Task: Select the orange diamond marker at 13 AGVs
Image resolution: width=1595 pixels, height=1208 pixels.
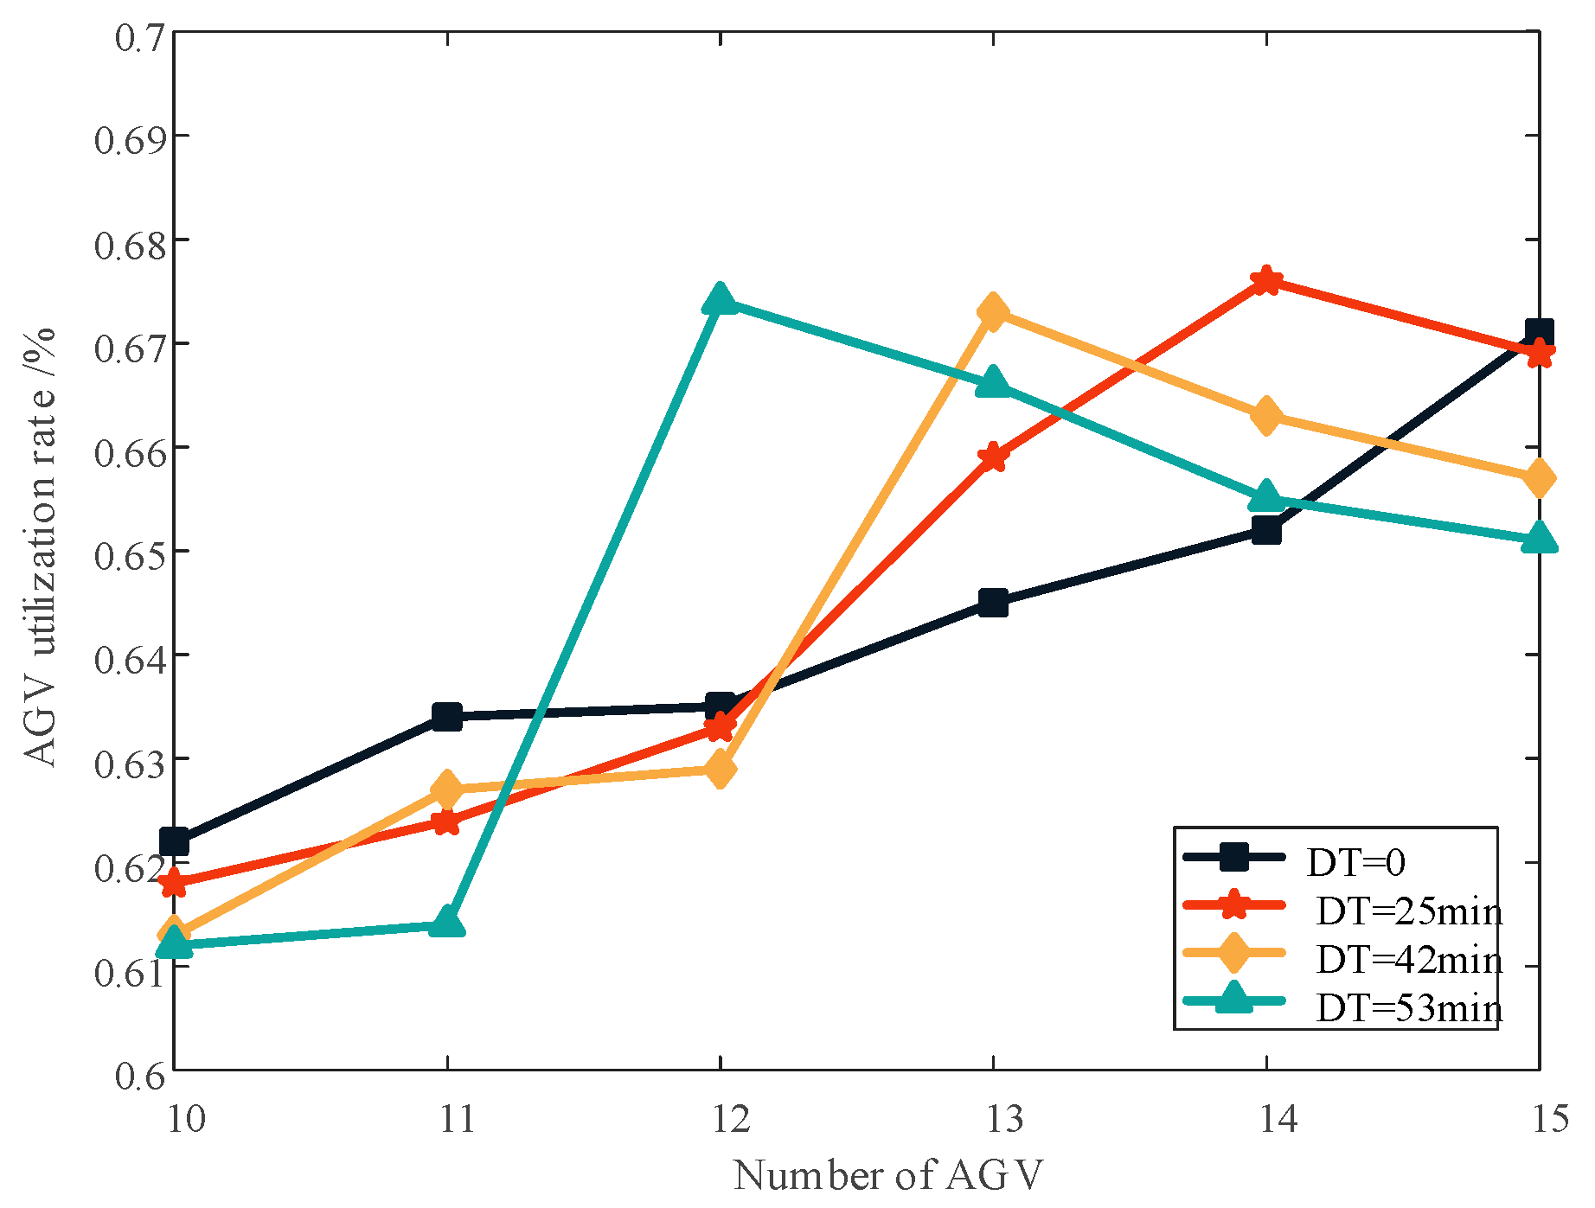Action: [993, 312]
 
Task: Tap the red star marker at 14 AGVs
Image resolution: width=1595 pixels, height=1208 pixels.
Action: [1266, 280]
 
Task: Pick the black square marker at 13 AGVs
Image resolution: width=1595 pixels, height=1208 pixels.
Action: [993, 603]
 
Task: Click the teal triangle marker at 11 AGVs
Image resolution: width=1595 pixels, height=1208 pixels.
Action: [447, 924]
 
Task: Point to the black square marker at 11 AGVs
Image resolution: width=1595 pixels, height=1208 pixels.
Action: [447, 716]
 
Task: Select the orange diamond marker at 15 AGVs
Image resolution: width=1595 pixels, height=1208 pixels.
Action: [1539, 478]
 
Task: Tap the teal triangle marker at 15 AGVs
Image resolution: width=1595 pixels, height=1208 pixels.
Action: [1539, 539]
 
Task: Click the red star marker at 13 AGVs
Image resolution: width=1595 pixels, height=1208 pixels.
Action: [993, 457]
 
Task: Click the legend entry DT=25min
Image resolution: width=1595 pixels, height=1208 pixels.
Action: [1408, 911]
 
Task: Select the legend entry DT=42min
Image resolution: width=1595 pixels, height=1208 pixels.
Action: [1408, 960]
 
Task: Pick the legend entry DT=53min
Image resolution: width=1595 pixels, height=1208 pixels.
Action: [1408, 1008]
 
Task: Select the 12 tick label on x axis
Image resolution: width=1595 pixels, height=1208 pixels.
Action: [732, 1120]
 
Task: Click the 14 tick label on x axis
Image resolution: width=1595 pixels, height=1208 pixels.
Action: [1278, 1120]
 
